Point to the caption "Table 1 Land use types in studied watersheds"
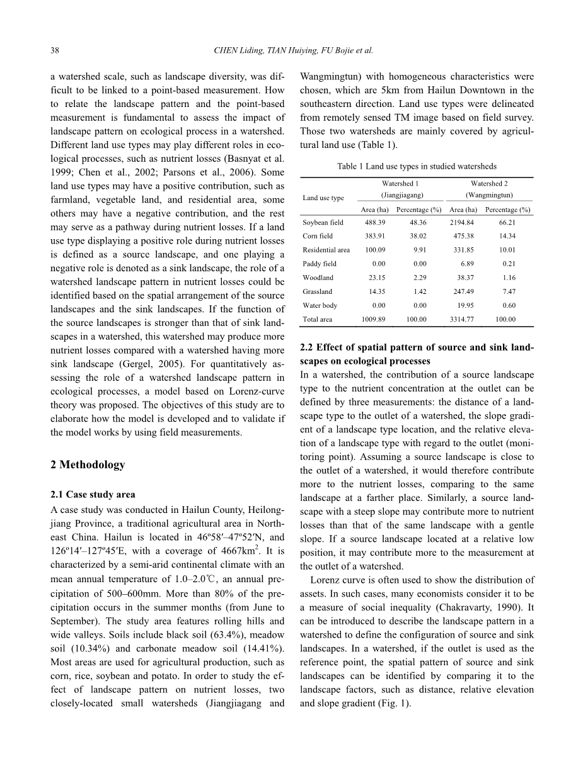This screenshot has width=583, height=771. [417, 167]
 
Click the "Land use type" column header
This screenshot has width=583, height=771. [323, 198]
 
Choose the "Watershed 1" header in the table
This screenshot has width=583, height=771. [400, 184]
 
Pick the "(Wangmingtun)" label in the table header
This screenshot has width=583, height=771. [489, 195]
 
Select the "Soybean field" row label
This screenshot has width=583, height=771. [323, 223]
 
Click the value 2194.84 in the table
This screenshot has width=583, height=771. [463, 223]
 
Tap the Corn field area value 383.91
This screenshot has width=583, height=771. [374, 237]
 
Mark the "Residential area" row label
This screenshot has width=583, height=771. [326, 250]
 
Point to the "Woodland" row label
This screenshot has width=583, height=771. [318, 278]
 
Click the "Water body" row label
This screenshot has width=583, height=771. [320, 306]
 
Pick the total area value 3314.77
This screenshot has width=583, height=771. [463, 320]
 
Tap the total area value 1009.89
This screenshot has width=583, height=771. [374, 320]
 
